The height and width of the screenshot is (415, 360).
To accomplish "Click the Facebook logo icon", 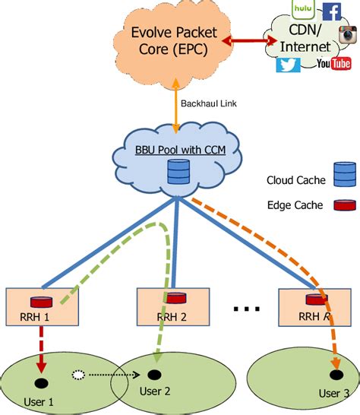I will pos(331,11).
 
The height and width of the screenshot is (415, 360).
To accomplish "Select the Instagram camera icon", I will pos(348,35).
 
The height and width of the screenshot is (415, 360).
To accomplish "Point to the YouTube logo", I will pos(334,64).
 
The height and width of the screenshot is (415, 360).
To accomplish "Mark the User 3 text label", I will pos(333,393).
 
